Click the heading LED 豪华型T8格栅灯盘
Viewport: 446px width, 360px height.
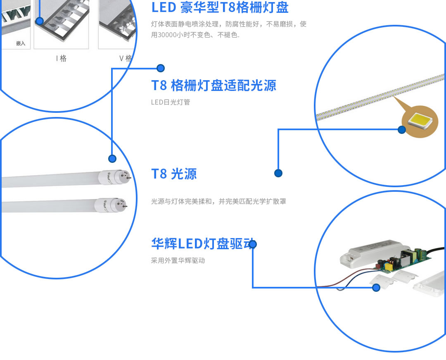coord(220,7)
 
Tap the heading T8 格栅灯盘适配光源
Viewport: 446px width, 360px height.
coord(214,85)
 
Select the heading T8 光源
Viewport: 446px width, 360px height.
coord(174,174)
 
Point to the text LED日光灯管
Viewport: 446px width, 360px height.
coord(171,102)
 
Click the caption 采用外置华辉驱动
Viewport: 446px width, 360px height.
coord(178,260)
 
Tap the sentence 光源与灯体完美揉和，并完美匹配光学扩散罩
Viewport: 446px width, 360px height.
coord(218,201)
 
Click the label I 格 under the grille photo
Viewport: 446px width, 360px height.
coord(61,58)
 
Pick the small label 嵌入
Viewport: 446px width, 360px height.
coord(21,43)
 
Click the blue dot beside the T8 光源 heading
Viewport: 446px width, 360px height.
coord(278,173)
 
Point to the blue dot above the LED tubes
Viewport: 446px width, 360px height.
coord(112,159)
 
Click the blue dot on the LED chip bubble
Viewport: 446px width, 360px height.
coord(402,130)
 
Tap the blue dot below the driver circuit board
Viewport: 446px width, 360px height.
coord(376,288)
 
